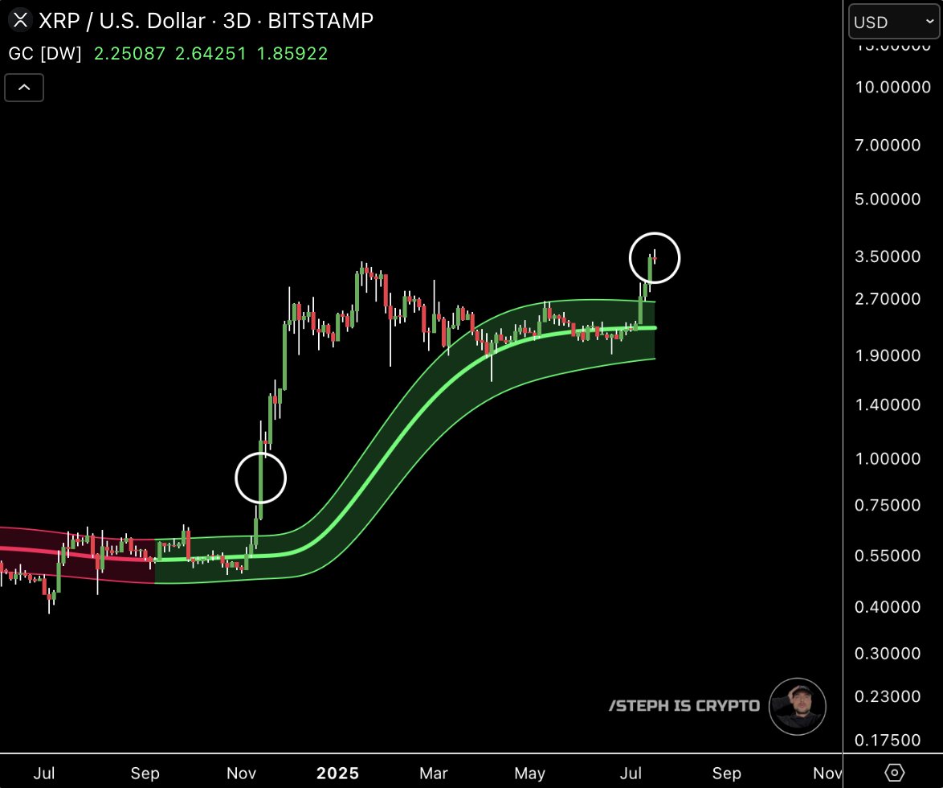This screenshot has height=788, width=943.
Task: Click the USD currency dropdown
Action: point(892,23)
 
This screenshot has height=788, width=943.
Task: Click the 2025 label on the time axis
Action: point(337,774)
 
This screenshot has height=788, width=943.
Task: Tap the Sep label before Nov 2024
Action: point(145,774)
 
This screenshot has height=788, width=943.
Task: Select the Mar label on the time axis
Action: point(434,774)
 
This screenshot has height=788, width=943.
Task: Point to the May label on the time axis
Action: point(529,774)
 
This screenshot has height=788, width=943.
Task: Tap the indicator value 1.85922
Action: point(292,54)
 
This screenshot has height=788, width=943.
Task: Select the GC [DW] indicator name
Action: point(45,54)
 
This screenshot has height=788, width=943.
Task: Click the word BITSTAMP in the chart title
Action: point(320,21)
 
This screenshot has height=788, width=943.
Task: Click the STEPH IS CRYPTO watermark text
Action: point(684,706)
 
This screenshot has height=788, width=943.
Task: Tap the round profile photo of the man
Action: point(797,707)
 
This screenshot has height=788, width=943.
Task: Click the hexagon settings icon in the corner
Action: point(894,773)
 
